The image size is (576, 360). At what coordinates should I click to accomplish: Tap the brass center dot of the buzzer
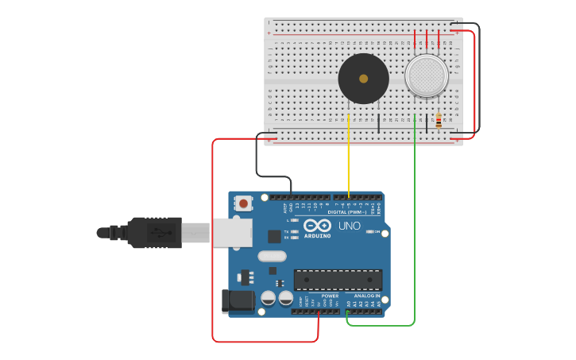(x=363, y=79)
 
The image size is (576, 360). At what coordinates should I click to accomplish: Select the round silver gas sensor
(x=426, y=76)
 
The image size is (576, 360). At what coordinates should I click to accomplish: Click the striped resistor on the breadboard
(x=439, y=121)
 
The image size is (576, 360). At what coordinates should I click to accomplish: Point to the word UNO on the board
(x=350, y=226)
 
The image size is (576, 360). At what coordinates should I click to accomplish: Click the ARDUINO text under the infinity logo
(x=317, y=236)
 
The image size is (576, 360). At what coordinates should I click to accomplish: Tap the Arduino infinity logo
(x=317, y=225)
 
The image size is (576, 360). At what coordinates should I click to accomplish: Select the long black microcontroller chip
(x=338, y=280)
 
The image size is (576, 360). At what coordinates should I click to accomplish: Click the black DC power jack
(x=237, y=302)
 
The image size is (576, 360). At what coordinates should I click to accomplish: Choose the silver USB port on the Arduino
(x=232, y=233)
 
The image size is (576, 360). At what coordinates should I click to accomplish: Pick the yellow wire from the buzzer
(x=349, y=159)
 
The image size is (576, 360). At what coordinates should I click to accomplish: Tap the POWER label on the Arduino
(x=330, y=296)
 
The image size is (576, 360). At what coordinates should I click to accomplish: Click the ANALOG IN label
(x=367, y=296)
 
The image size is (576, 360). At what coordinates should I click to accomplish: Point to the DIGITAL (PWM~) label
(x=347, y=212)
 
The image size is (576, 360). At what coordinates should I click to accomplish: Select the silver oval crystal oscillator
(x=272, y=256)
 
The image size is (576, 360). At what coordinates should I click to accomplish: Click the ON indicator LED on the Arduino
(x=370, y=231)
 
